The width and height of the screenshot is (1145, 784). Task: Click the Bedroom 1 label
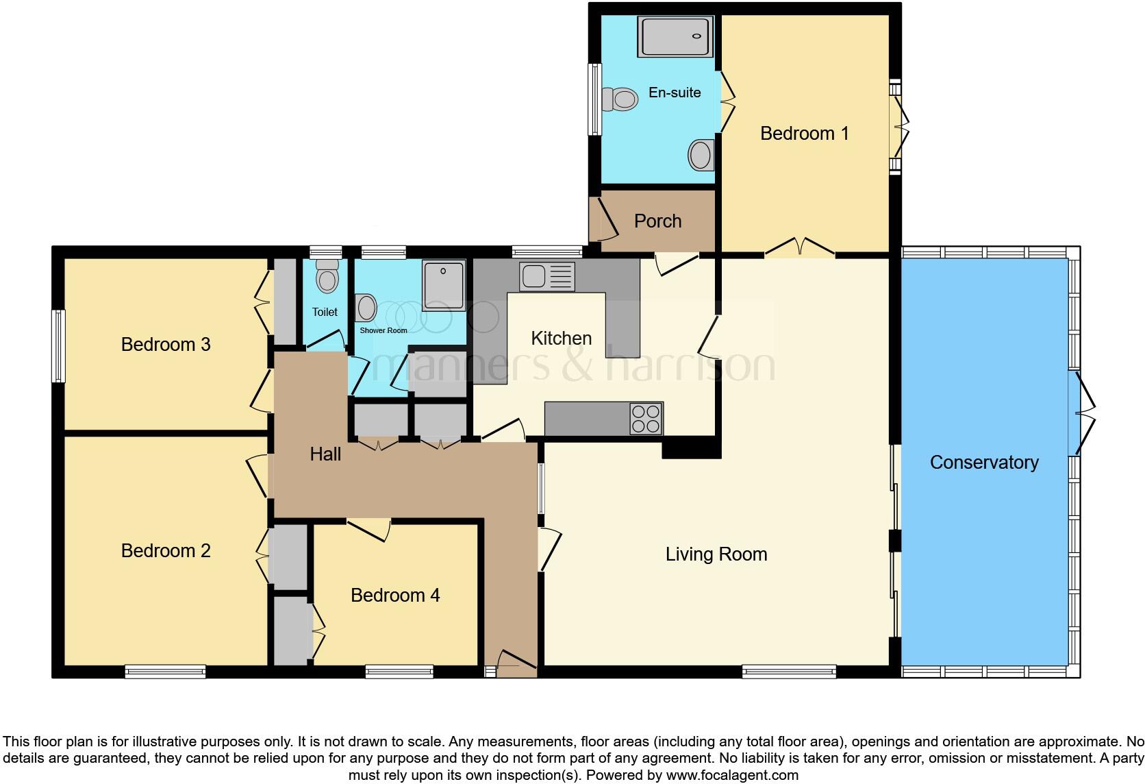[x=804, y=133]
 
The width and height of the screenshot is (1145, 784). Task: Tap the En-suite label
[x=675, y=93]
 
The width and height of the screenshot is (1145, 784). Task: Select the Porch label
[x=657, y=221]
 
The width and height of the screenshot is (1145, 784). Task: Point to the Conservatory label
[x=984, y=463]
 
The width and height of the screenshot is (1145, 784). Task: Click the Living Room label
[x=716, y=554]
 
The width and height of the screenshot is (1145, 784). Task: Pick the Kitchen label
[x=561, y=338]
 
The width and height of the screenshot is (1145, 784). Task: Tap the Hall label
[x=325, y=454]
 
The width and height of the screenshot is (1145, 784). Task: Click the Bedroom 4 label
[x=394, y=595]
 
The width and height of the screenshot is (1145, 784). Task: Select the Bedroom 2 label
[x=165, y=550]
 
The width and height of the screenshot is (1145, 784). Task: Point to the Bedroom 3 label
[x=165, y=344]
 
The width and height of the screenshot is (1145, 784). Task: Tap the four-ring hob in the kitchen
[x=646, y=419]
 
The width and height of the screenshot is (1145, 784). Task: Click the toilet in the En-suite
[x=620, y=100]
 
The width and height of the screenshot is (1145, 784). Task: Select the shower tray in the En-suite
[x=675, y=36]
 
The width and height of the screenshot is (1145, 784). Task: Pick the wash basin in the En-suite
[x=701, y=154]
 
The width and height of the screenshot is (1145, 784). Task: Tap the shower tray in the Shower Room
[x=444, y=284]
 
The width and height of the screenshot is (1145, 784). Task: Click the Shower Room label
[x=383, y=330]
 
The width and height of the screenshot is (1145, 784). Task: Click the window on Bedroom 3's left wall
[x=60, y=345]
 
